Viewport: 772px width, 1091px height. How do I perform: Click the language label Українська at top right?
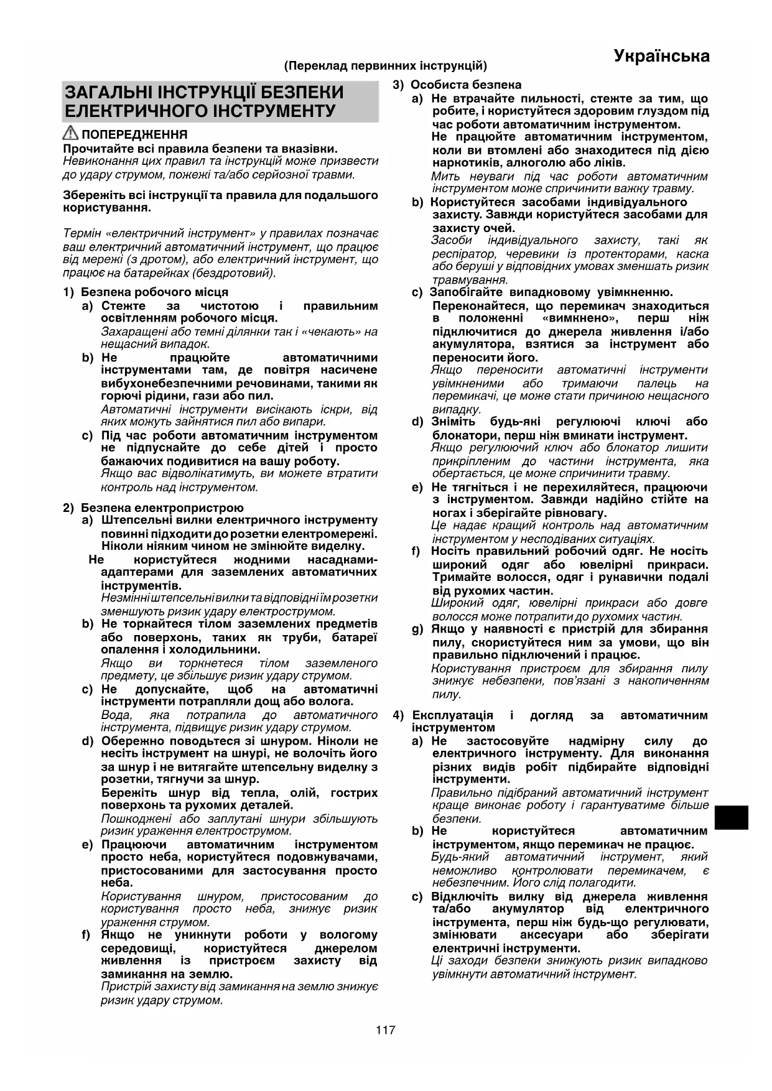point(661,57)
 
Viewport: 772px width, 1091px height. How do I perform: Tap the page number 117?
point(385,1030)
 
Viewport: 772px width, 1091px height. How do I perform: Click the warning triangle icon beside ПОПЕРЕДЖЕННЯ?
point(70,134)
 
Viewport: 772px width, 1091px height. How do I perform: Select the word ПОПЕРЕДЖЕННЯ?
point(134,135)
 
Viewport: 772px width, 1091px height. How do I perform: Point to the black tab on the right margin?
point(731,817)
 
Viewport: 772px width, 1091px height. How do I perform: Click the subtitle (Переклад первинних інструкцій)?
point(386,66)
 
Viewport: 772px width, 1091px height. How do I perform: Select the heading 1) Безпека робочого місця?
point(146,292)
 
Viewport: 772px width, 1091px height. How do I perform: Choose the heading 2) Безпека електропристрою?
point(153,508)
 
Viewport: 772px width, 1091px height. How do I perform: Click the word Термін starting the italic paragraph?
point(83,234)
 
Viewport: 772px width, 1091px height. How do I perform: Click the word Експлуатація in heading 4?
point(453,715)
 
